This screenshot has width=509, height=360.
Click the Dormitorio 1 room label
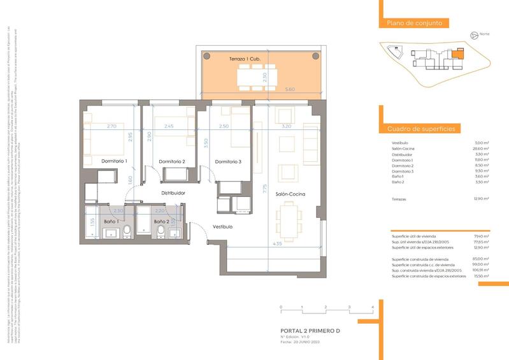tap(115, 161)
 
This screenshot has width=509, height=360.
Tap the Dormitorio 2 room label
tap(172, 161)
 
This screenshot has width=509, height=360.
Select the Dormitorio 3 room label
tap(228, 161)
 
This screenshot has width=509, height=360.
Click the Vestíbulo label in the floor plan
tap(222, 227)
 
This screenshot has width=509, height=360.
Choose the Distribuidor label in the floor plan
tap(173, 192)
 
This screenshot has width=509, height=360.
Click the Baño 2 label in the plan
tap(161, 221)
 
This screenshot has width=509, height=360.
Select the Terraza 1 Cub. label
tap(245, 59)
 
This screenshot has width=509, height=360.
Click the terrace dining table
tap(255, 77)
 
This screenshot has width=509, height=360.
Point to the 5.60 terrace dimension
tap(290, 89)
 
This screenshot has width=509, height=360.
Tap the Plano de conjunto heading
tap(415, 24)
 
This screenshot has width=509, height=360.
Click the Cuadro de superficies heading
tap(421, 129)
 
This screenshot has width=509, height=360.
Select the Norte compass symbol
tap(473, 36)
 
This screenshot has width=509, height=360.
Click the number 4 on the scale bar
tap(371, 307)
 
